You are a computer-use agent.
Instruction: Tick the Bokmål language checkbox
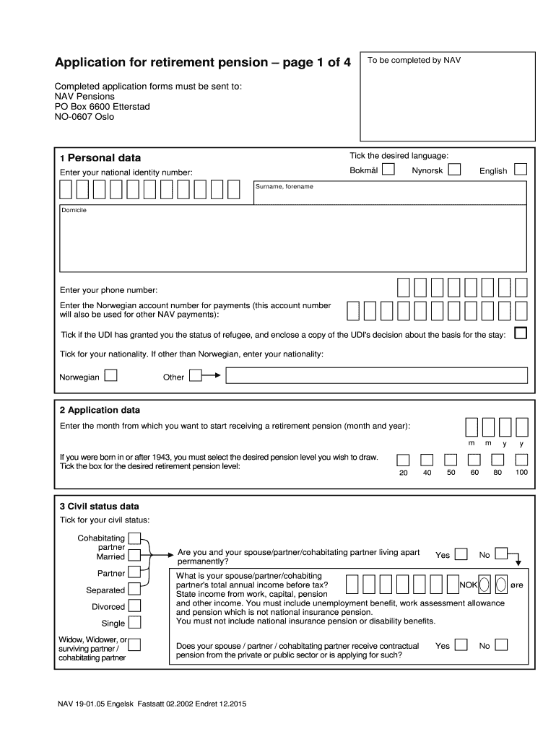point(388,170)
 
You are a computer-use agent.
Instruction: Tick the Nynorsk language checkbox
point(454,170)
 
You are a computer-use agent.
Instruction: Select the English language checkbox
point(521,170)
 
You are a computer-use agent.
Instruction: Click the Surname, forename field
point(390,193)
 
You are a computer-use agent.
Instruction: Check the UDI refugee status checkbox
point(520,333)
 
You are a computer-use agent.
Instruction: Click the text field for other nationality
point(376,376)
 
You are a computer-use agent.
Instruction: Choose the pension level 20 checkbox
point(404,460)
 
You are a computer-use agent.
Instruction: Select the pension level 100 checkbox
point(521,460)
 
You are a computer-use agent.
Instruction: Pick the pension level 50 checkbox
point(451,460)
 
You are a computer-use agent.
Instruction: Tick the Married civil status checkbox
point(134,556)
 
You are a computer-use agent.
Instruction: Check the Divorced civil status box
point(134,606)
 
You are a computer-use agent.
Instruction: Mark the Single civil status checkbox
point(134,623)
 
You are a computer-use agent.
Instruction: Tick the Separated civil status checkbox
point(134,590)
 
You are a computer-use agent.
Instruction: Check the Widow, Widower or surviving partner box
point(134,644)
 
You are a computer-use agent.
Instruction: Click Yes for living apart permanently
point(460,554)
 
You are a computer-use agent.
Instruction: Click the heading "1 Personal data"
point(100,158)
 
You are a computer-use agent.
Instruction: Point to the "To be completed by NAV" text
point(414,61)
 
